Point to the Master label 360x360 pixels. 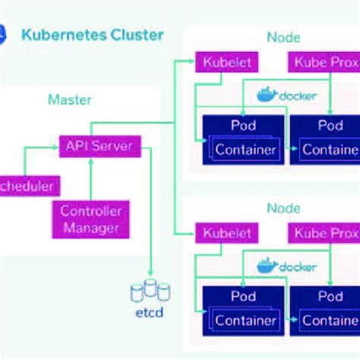(x=70, y=99)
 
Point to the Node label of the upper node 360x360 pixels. (x=283, y=37)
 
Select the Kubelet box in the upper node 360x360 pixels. (x=224, y=62)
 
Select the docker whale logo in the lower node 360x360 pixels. (x=266, y=266)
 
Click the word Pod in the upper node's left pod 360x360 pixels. (x=244, y=124)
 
